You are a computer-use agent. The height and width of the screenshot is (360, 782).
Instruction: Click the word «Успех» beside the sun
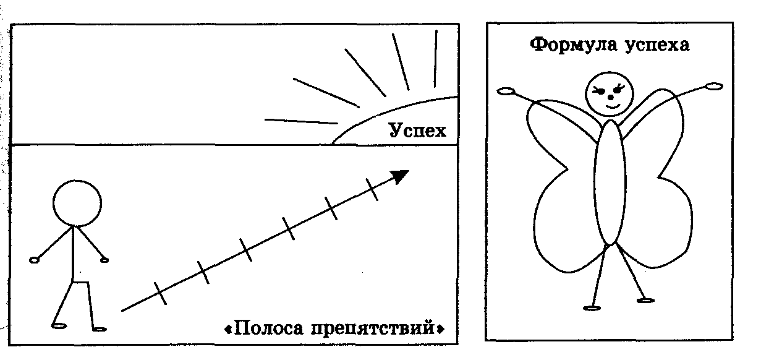tap(417, 131)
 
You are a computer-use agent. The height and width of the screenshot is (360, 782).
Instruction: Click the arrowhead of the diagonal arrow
tap(401, 176)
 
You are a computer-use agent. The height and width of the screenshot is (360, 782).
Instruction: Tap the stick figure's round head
tap(77, 203)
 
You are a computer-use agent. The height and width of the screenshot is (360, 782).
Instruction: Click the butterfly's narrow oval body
tap(610, 182)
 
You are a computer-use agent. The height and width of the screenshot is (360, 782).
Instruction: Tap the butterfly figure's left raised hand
tap(506, 92)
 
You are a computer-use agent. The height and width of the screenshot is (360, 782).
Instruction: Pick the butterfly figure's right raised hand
tap(714, 87)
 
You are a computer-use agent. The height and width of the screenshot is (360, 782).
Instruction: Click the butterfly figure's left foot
tap(592, 307)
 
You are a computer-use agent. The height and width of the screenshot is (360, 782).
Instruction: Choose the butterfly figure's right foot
tap(645, 301)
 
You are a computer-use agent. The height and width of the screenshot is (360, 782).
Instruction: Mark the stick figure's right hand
tap(104, 259)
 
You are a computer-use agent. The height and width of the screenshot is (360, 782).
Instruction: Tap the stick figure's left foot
tap(59, 324)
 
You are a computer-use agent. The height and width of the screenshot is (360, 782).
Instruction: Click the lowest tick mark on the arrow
tap(161, 294)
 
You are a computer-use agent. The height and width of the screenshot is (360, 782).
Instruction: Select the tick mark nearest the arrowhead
tap(372, 189)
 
